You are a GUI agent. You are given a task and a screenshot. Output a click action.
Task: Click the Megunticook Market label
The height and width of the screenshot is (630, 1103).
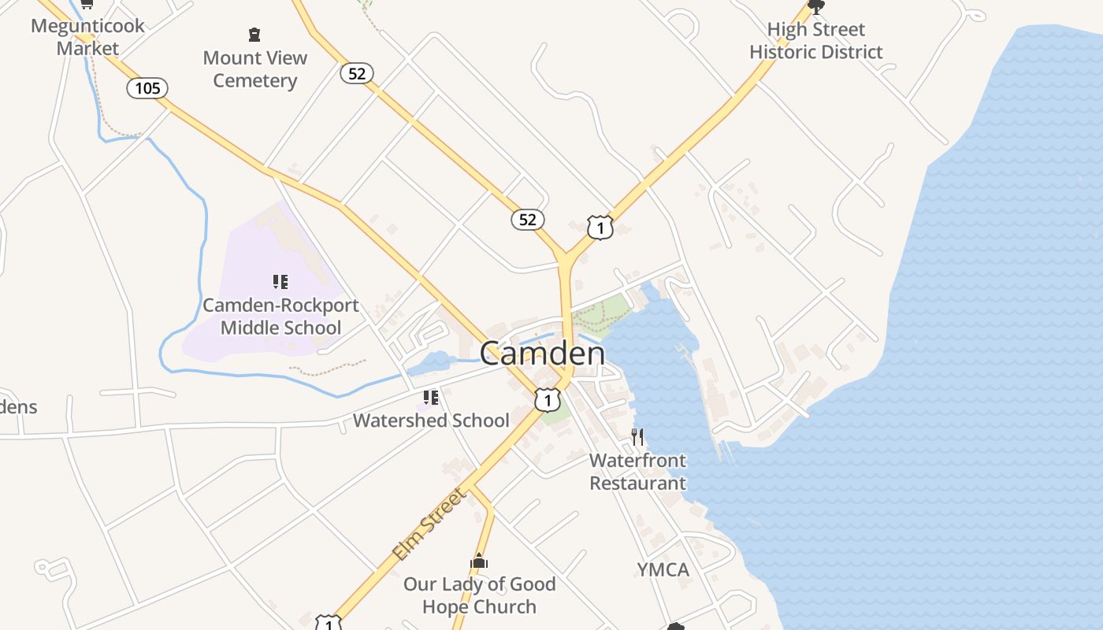pyautogui.click(x=87, y=36)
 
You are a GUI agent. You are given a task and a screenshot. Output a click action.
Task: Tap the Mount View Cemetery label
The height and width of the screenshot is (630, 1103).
pyautogui.click(x=254, y=69)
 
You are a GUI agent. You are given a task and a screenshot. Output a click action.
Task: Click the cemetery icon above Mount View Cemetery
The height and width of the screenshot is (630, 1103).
pyautogui.click(x=254, y=35)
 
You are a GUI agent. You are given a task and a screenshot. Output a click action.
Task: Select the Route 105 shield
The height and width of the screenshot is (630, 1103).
pyautogui.click(x=147, y=88)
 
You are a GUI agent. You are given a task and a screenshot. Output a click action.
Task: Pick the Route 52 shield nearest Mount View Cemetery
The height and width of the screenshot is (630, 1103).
pyautogui.click(x=357, y=73)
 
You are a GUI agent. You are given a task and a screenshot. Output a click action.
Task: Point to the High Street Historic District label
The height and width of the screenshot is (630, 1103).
pyautogui.click(x=815, y=41)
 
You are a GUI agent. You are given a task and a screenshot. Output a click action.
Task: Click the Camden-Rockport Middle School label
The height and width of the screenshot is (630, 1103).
pyautogui.click(x=280, y=317)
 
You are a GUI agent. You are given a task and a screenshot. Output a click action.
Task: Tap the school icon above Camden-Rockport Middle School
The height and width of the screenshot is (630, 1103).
pyautogui.click(x=280, y=282)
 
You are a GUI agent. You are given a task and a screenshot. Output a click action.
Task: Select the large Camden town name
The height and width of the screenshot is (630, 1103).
pyautogui.click(x=542, y=354)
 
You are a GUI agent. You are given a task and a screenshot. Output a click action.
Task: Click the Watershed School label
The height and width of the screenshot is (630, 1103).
pyautogui.click(x=431, y=421)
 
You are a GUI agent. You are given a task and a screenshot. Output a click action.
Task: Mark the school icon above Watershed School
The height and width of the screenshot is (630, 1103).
pyautogui.click(x=430, y=398)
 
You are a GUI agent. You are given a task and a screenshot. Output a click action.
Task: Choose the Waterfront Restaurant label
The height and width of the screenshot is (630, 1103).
pyautogui.click(x=638, y=472)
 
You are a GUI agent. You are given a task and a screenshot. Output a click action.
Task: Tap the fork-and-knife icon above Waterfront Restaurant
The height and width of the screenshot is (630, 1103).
pyautogui.click(x=638, y=437)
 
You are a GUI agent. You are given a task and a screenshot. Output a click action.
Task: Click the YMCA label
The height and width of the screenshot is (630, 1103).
pyautogui.click(x=663, y=569)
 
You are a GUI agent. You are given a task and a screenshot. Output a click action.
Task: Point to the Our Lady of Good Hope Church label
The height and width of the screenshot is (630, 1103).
pyautogui.click(x=479, y=595)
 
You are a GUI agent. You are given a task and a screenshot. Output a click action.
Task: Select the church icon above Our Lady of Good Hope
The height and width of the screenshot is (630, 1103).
pyautogui.click(x=479, y=561)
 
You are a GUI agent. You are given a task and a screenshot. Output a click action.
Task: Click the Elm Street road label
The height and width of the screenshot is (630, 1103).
pyautogui.click(x=430, y=524)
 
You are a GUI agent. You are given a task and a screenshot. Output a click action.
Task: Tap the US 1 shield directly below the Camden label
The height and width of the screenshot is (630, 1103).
pyautogui.click(x=548, y=399)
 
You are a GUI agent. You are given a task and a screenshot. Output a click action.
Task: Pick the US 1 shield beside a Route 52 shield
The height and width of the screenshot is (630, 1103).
pyautogui.click(x=600, y=228)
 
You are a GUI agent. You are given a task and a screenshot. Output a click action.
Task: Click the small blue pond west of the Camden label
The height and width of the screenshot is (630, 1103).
pyautogui.click(x=429, y=364)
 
